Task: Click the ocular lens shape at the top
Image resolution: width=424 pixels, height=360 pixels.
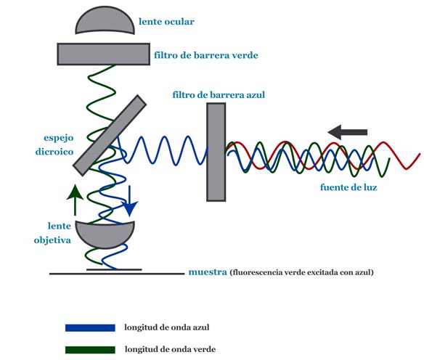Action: [x=105, y=20]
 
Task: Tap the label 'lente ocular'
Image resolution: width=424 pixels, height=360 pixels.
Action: [x=166, y=22]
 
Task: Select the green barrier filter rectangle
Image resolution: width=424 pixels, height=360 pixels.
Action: [x=104, y=54]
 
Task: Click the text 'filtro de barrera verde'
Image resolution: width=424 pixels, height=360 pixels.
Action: [x=206, y=55]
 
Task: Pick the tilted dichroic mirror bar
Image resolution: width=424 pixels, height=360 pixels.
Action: [x=110, y=135]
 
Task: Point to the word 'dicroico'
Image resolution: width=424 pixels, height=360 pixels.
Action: [x=54, y=152]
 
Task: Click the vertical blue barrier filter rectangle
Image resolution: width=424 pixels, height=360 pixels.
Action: [x=216, y=152]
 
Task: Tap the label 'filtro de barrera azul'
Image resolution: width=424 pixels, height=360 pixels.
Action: [x=219, y=95]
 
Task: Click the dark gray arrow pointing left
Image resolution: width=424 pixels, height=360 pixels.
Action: [x=348, y=132]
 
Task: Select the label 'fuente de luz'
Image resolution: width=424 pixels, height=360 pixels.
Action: [x=348, y=187]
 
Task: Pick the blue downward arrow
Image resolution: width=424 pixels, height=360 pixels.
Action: [x=130, y=201]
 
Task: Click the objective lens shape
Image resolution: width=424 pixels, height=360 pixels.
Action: [x=105, y=234]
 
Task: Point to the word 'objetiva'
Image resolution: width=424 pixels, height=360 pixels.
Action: [x=52, y=240]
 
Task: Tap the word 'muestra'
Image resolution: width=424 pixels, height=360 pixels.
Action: [x=208, y=272]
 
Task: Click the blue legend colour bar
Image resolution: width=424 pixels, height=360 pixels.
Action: [x=90, y=328]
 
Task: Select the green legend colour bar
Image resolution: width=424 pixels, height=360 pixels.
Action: [x=90, y=350]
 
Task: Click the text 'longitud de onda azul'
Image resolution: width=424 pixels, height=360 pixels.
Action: [x=167, y=327]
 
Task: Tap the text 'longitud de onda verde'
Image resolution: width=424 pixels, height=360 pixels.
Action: [x=171, y=349]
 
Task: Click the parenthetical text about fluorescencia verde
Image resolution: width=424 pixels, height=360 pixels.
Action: [x=302, y=272]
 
